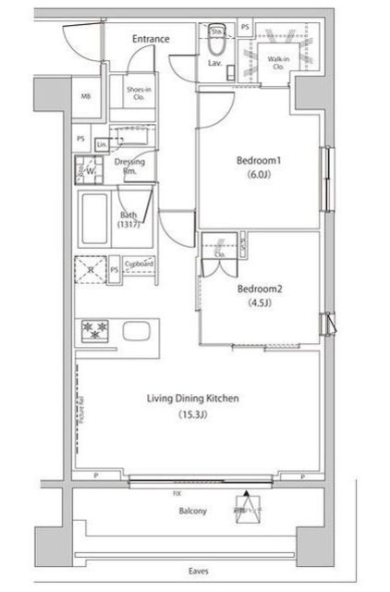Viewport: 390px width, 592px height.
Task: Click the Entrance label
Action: point(151,39)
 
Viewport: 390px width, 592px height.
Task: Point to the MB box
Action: point(86,96)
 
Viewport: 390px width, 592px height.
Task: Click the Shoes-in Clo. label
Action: point(128,92)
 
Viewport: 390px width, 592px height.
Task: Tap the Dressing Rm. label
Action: point(128,166)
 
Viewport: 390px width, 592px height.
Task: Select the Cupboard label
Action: point(139,265)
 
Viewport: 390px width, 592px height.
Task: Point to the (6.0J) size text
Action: point(259,175)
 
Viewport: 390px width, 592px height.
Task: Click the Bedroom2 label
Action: point(259,288)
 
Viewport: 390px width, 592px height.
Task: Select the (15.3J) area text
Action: point(193,415)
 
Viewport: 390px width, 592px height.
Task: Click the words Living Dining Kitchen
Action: point(193,399)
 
